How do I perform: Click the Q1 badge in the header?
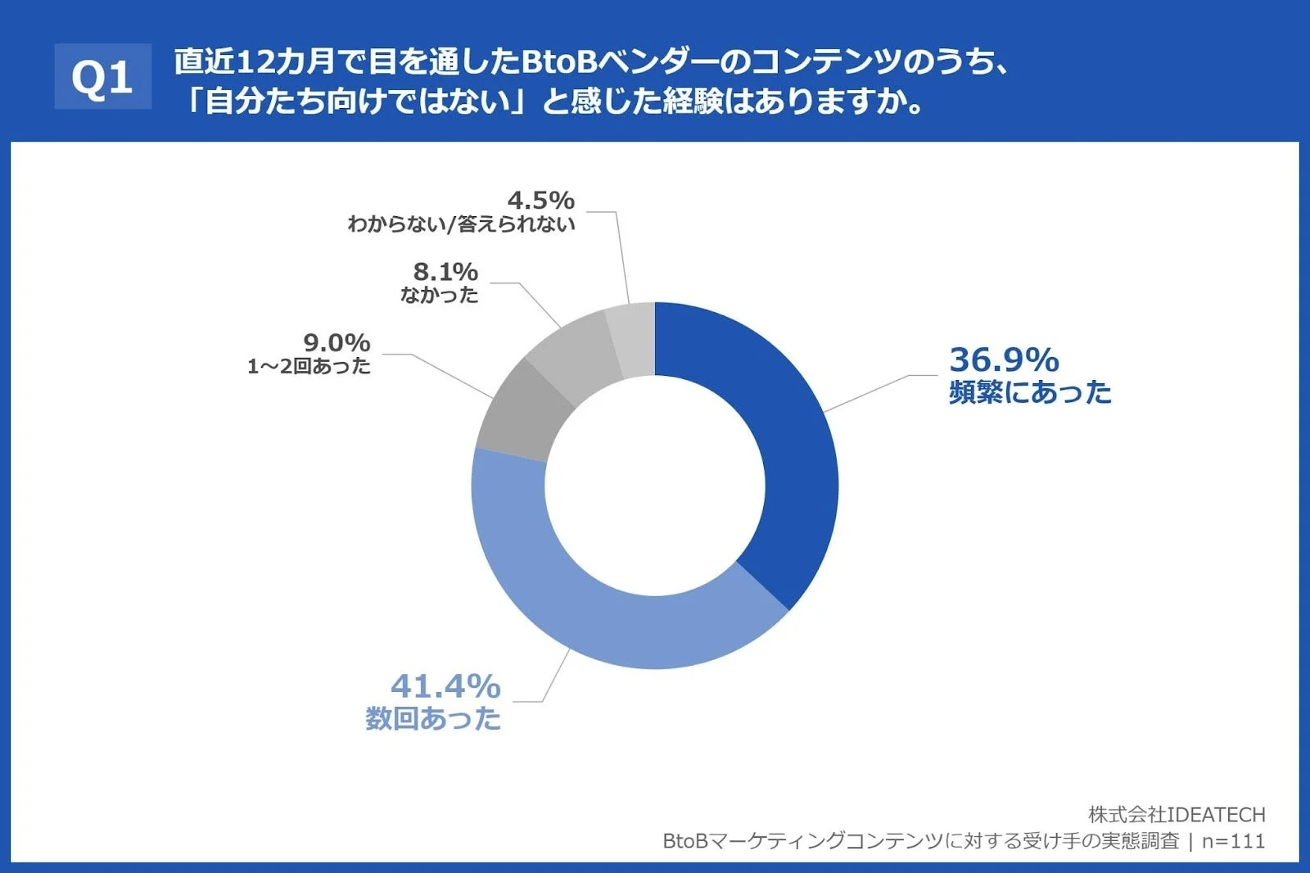(103, 77)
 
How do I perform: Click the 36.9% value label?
(1005, 360)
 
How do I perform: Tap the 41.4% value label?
(445, 686)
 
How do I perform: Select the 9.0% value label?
(337, 342)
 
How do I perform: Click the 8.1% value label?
(445, 271)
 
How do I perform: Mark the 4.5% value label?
(541, 200)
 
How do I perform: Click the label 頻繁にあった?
(1030, 393)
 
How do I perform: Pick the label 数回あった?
(433, 719)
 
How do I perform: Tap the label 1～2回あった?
(309, 366)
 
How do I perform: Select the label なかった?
(440, 295)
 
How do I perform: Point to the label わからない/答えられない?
(462, 224)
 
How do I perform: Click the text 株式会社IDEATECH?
(1177, 815)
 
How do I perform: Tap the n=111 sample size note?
(1233, 841)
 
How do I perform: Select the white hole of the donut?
(655, 486)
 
